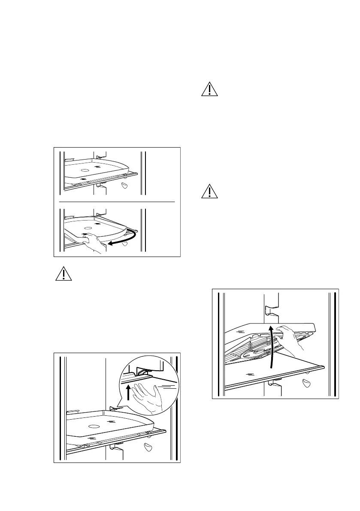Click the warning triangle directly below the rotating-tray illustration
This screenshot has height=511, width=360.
click(64, 273)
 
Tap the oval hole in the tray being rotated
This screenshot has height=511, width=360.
click(88, 228)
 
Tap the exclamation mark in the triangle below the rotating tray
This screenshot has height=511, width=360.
click(64, 274)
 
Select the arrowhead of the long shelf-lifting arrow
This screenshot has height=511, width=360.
click(271, 328)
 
